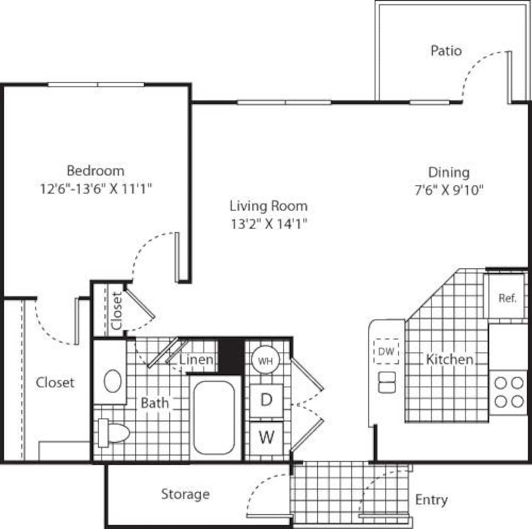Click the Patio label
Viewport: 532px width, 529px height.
[446, 51]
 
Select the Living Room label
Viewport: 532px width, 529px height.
[268, 206]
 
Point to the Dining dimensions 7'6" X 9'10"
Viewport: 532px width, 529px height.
[449, 190]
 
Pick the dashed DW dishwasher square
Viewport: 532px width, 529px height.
[386, 352]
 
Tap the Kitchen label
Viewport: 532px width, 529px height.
[449, 359]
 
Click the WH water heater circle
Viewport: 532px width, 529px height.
[265, 361]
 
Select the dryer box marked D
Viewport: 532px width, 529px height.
[266, 400]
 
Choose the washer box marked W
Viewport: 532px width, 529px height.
[266, 437]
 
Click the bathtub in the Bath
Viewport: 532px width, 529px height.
[214, 417]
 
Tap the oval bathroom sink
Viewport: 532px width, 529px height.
[113, 381]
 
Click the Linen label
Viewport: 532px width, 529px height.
[196, 359]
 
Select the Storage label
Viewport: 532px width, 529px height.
[185, 494]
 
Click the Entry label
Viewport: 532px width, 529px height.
[431, 500]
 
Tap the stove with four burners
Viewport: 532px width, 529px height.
[509, 392]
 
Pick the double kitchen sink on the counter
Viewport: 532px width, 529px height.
[387, 382]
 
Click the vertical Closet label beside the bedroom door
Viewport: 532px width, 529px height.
[117, 310]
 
